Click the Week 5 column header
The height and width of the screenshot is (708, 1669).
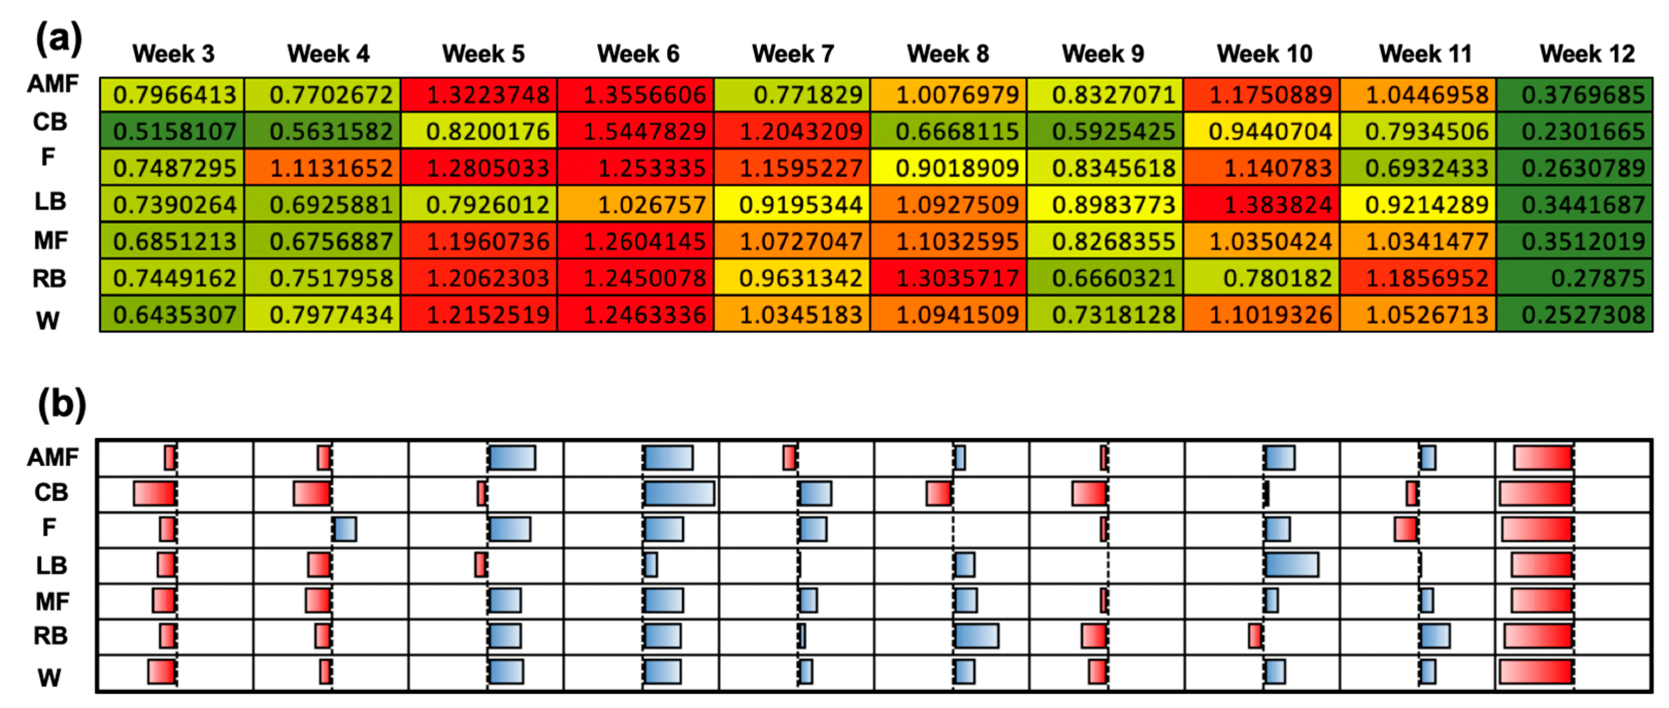483,54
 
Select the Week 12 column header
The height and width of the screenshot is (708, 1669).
1587,54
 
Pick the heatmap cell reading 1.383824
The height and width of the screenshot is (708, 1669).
1261,205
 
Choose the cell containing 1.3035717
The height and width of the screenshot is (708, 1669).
949,278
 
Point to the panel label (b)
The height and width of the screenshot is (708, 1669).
61,404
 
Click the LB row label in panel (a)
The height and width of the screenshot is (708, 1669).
50,202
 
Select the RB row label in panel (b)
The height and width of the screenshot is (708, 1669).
50,636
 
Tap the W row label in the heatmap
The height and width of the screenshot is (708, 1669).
48,320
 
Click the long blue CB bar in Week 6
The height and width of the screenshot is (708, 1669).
679,493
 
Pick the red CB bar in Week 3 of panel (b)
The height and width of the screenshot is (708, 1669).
154,493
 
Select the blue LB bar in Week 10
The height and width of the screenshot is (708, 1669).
1291,565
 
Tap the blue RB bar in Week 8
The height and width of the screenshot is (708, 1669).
976,636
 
